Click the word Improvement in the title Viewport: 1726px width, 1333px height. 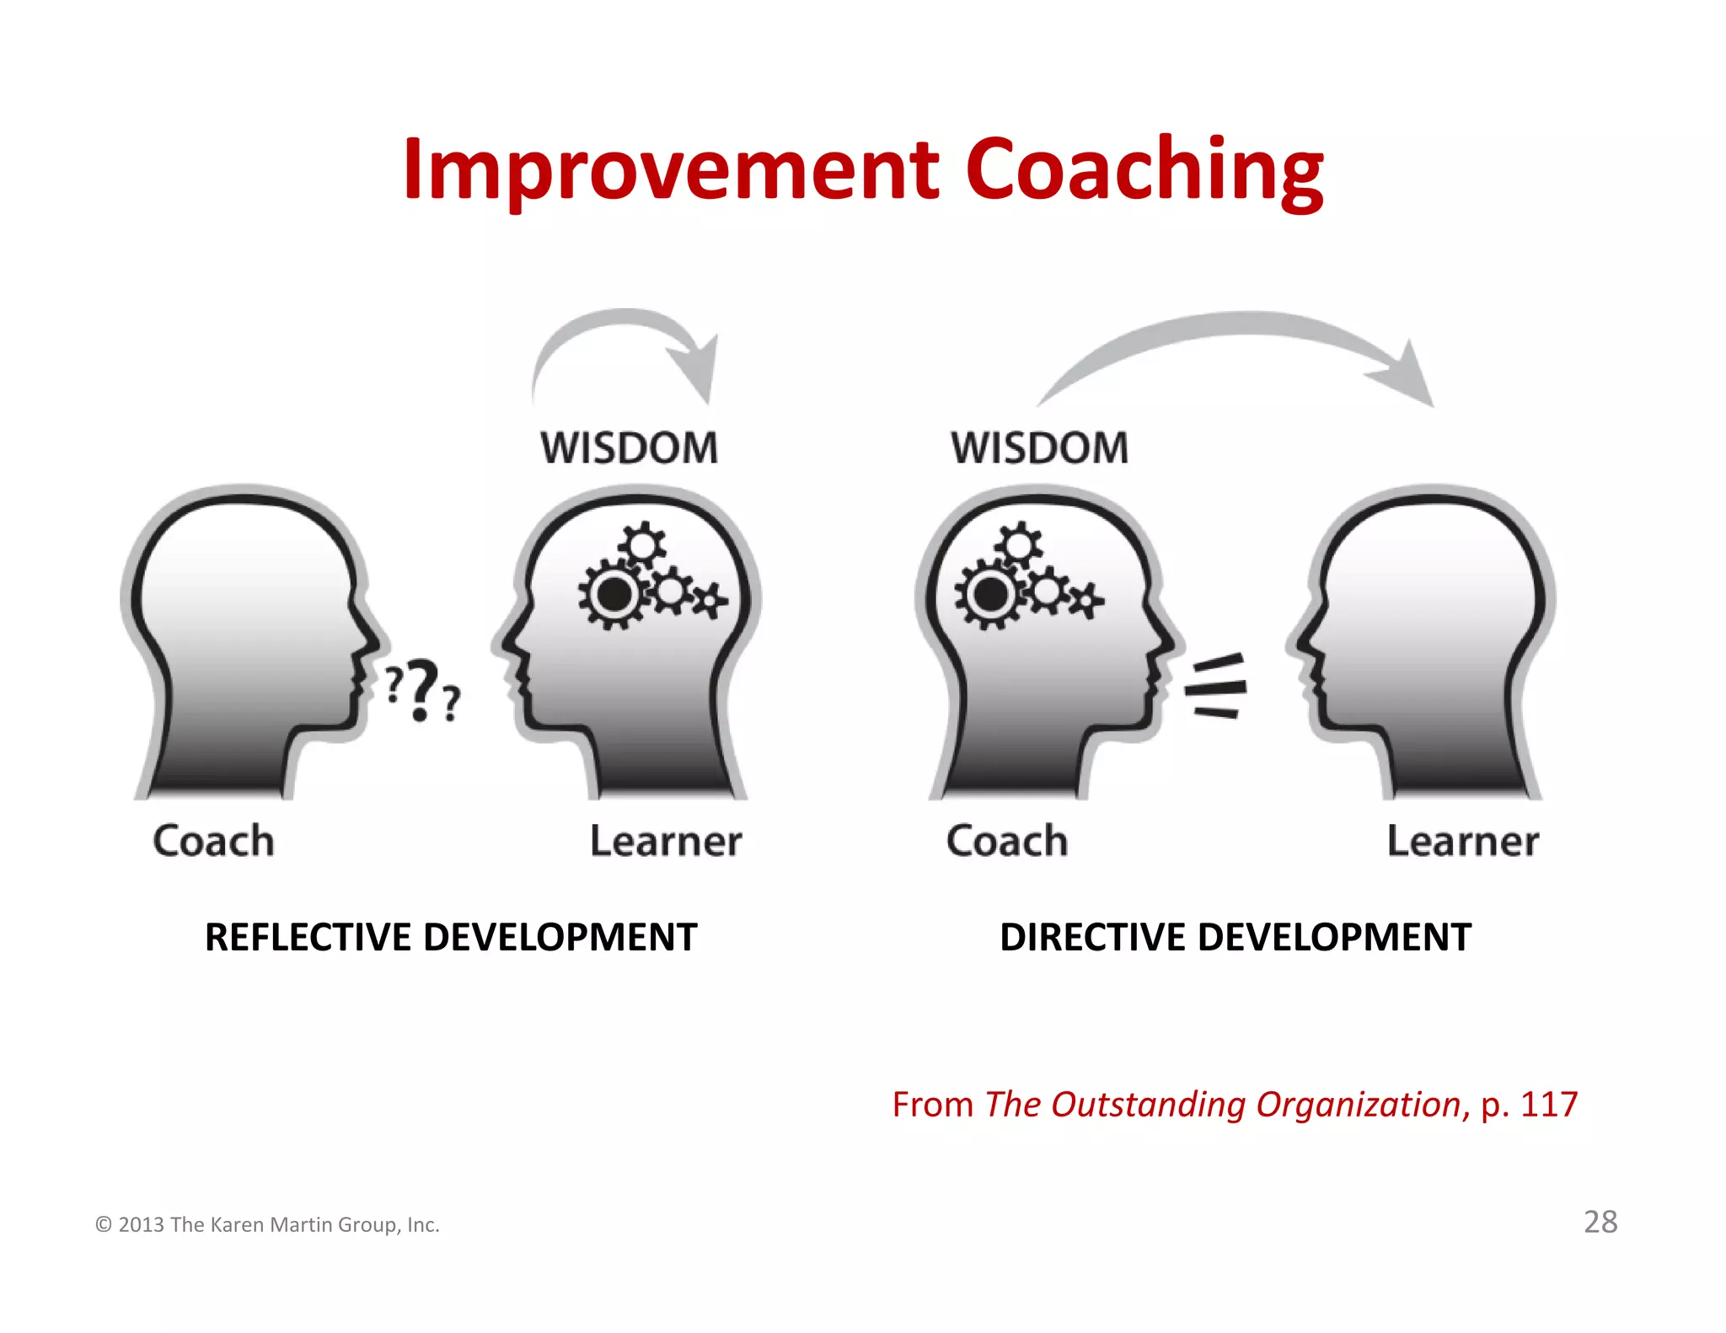pos(670,171)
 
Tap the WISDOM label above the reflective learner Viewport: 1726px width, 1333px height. pos(629,447)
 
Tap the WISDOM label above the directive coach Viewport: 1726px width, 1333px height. pos(1039,447)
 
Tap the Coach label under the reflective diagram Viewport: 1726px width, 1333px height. pos(213,841)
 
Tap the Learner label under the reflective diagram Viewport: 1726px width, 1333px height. pos(666,841)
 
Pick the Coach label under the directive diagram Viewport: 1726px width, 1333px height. pos(1007,841)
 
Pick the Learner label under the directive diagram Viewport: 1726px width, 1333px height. pos(1463,841)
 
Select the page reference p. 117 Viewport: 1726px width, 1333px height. pos(1529,1105)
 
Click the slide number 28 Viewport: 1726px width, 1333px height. pos(1600,1222)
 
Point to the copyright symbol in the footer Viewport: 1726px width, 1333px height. pos(104,1225)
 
